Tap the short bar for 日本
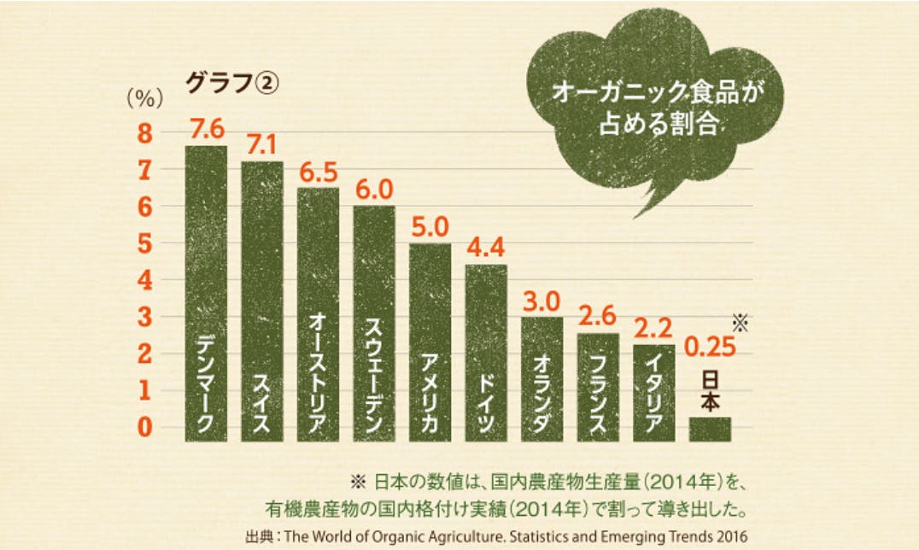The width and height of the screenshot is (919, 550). coord(710,429)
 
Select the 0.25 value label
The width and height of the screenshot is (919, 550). coord(709,348)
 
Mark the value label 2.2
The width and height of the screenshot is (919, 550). coord(654,327)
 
